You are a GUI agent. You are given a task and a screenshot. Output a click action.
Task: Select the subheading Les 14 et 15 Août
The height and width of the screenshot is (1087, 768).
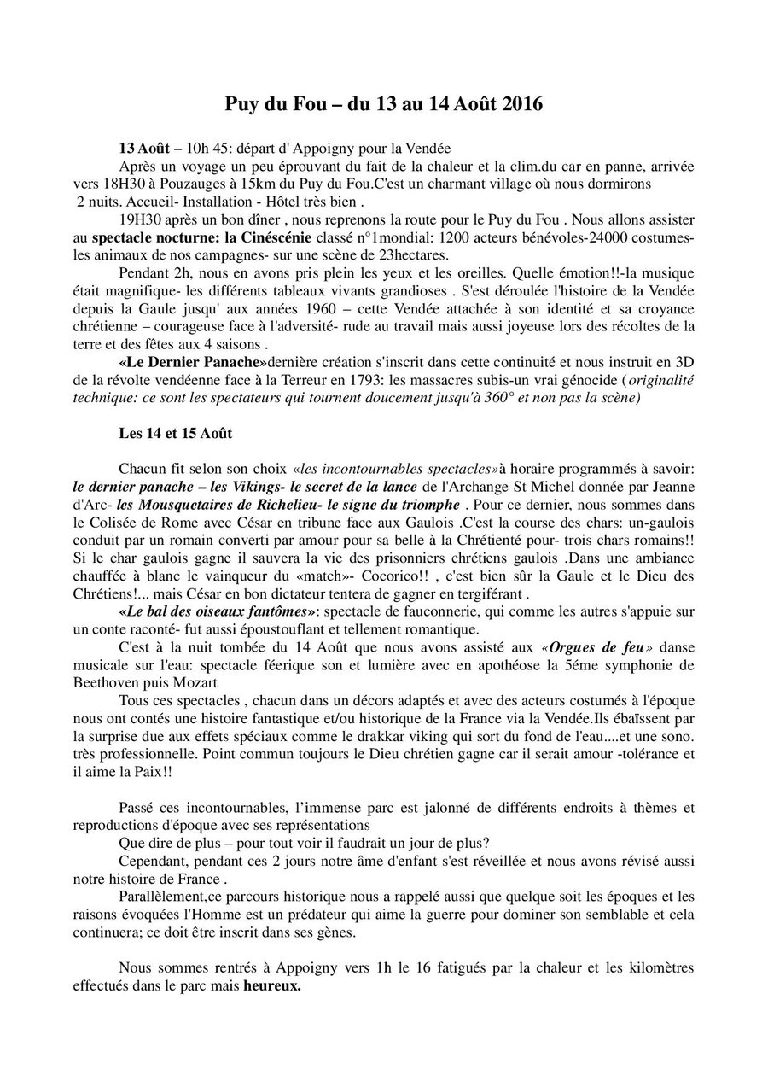click(175, 433)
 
